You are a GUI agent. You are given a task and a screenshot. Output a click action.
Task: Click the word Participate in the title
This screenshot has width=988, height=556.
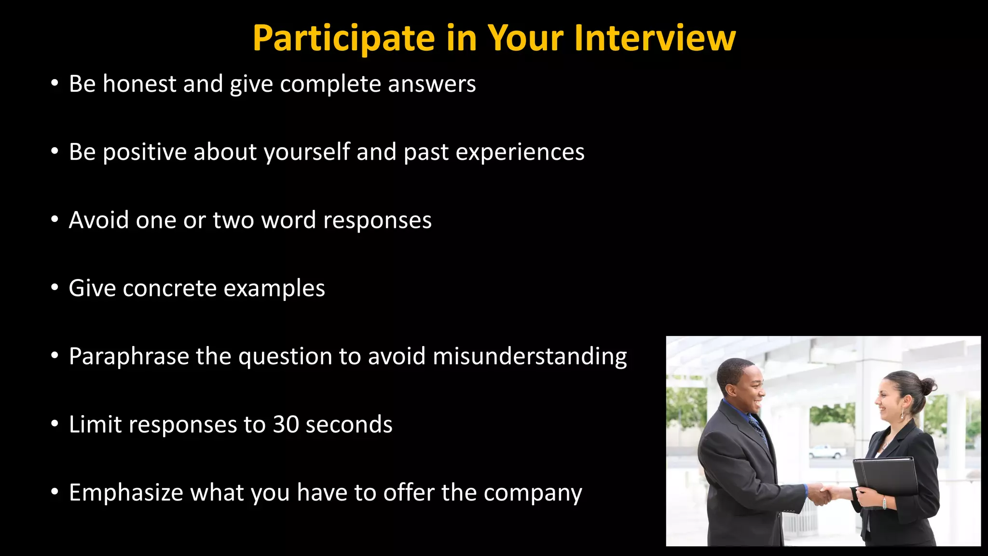click(343, 39)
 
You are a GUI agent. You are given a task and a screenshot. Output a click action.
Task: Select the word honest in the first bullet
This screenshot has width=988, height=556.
click(139, 84)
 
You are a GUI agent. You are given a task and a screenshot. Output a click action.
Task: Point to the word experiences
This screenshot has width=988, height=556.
click(520, 153)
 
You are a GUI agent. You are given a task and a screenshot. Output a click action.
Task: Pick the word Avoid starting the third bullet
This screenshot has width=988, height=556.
click(99, 220)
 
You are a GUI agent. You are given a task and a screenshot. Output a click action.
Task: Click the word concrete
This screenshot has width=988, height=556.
click(169, 289)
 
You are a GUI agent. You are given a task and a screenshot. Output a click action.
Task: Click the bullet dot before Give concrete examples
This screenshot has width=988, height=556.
click(55, 288)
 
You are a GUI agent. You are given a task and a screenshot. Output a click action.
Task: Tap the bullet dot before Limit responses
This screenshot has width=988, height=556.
click(55, 424)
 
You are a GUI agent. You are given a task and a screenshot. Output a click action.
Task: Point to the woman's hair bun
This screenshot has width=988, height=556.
click(928, 385)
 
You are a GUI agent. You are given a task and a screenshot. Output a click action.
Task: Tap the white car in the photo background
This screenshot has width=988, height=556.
click(827, 452)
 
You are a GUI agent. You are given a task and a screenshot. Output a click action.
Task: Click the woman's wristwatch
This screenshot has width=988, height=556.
click(884, 502)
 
